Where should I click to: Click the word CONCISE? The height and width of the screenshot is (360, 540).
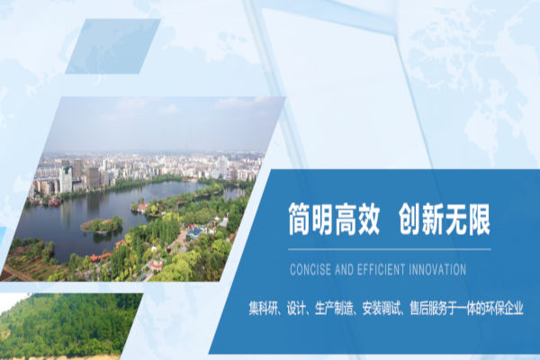click(x=308, y=268)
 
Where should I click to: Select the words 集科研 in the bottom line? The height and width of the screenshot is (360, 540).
click(x=265, y=308)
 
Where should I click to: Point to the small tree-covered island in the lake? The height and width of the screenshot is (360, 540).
click(x=102, y=224)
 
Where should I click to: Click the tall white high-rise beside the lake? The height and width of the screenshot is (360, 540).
click(x=66, y=179)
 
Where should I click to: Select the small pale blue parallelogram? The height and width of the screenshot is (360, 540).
click(x=112, y=46)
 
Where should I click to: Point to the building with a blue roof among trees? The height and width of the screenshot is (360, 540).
click(x=194, y=232)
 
